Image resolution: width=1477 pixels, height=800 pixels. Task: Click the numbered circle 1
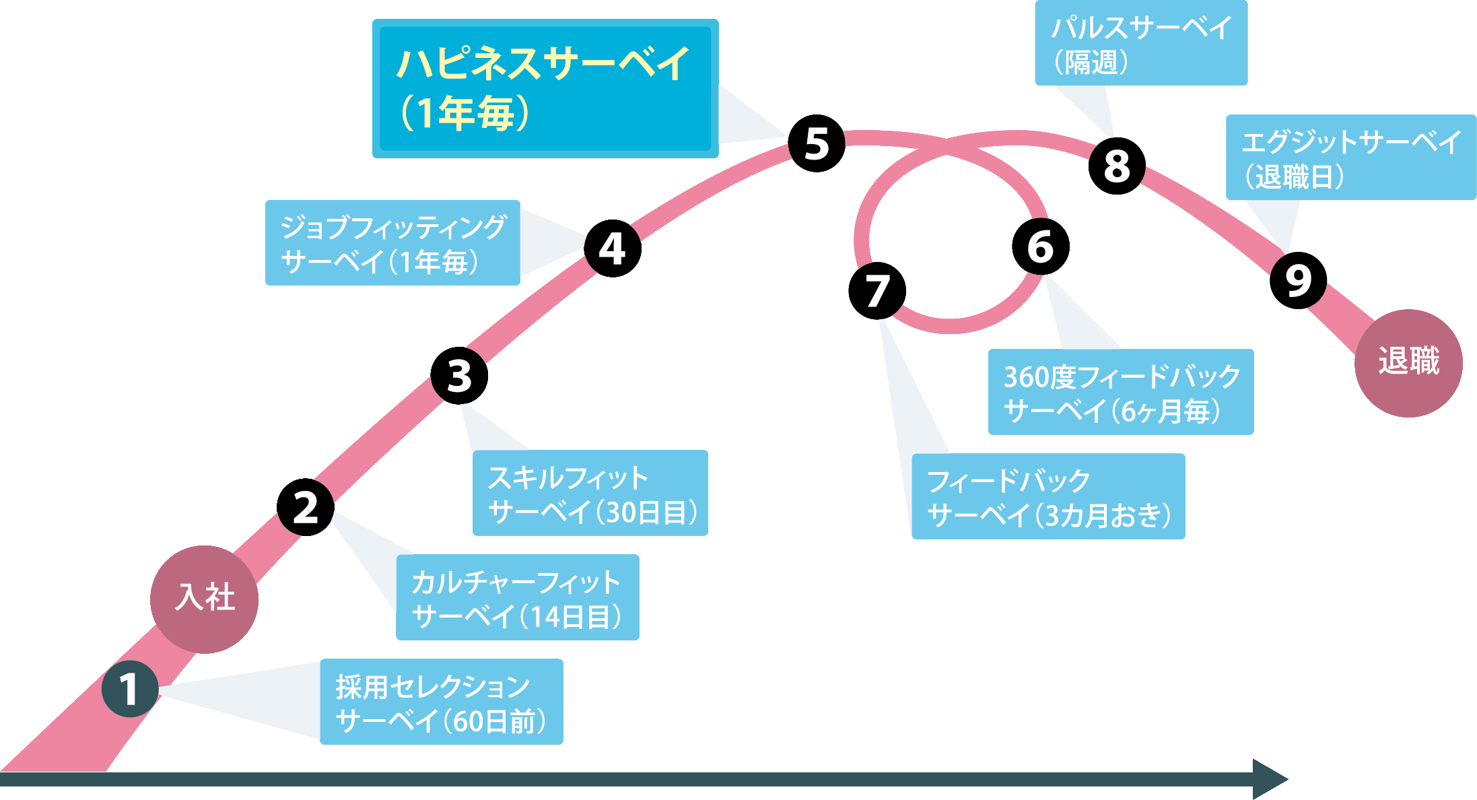[130, 689]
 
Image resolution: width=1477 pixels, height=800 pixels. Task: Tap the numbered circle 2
[306, 507]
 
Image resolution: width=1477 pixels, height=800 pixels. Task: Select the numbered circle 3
[459, 376]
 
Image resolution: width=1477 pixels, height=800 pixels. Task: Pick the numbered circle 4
[613, 248]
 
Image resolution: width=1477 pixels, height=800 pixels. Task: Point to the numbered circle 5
[817, 143]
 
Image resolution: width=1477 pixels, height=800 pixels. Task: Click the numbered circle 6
[1041, 246]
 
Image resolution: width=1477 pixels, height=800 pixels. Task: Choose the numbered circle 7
[877, 291]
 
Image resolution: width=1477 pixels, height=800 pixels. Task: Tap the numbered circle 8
[1117, 166]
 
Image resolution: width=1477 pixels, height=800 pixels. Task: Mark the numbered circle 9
[1298, 280]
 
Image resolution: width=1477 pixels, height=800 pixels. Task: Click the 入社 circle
[204, 599]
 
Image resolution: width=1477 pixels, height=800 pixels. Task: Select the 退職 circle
[1408, 364]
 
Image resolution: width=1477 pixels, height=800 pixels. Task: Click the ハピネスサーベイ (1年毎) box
[545, 89]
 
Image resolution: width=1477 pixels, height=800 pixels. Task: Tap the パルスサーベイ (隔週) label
[1141, 43]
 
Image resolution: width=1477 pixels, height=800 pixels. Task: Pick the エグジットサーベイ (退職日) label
[1351, 158]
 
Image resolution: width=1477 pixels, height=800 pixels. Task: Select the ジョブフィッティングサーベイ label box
[392, 242]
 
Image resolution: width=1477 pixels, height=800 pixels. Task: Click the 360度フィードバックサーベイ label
[1121, 392]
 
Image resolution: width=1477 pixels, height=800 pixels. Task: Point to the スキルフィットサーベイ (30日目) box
[590, 493]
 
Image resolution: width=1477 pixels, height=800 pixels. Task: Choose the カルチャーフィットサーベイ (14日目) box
[518, 597]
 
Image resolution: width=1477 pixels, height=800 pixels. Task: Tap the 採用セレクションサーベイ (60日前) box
[442, 702]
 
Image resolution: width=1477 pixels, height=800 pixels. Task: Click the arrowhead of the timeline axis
[1270, 779]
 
